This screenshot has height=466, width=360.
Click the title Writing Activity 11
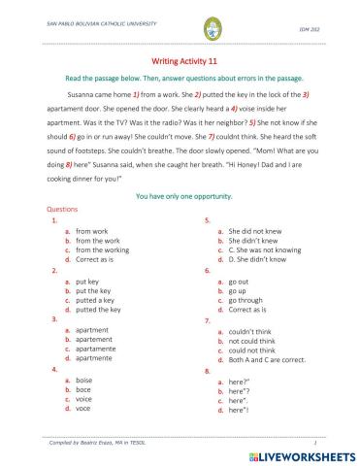180,58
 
